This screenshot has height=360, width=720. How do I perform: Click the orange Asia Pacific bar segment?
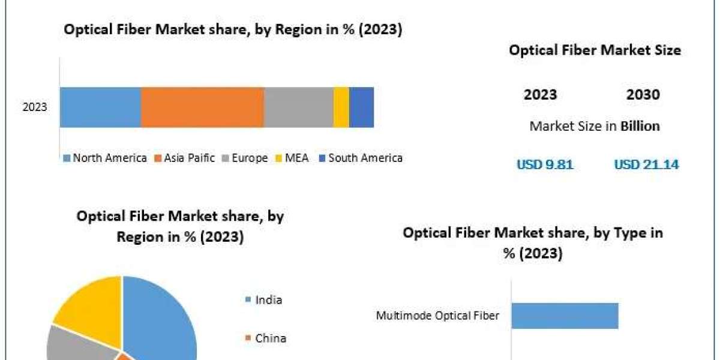(202, 107)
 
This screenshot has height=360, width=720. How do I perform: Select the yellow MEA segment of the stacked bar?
(341, 107)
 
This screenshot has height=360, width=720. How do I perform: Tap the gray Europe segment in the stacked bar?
(298, 107)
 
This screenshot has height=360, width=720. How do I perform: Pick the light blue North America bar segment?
(100, 107)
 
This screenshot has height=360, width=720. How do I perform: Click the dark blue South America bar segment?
(361, 107)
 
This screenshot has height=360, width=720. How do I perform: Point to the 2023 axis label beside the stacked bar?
(35, 107)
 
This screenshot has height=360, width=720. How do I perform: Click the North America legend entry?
(105, 158)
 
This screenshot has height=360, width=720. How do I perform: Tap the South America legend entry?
(360, 158)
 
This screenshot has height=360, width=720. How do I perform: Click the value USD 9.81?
(545, 164)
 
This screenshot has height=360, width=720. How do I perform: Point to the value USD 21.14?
(646, 164)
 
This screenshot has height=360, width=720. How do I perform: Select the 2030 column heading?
(643, 95)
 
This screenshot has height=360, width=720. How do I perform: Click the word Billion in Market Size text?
(640, 126)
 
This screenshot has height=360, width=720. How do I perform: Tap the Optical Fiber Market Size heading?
(595, 50)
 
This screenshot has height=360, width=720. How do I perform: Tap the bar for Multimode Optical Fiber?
(564, 316)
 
